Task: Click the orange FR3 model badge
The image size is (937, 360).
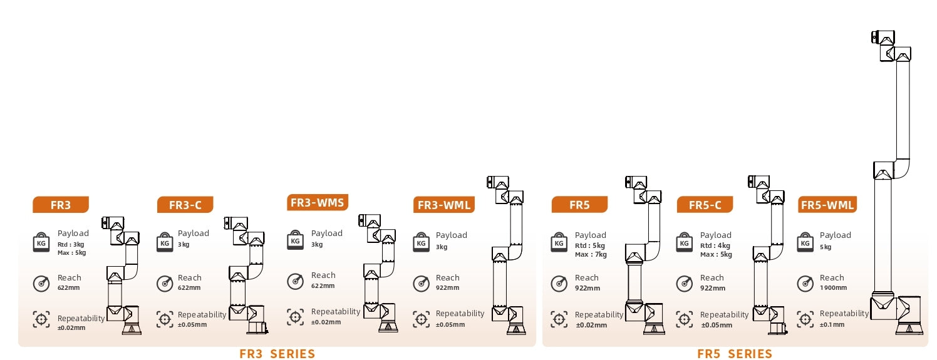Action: (x=61, y=205)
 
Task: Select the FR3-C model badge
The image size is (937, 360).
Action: (x=185, y=205)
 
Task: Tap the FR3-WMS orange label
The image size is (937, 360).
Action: (x=318, y=202)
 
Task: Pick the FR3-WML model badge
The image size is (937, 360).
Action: (x=444, y=205)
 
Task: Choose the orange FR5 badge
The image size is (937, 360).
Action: (x=579, y=205)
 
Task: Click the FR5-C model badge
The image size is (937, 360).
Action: (x=705, y=205)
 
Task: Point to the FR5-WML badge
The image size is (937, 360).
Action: (x=827, y=205)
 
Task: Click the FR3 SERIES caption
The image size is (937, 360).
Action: (x=277, y=354)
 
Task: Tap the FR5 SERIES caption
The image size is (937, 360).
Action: (x=735, y=354)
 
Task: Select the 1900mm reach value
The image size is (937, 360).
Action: (x=833, y=287)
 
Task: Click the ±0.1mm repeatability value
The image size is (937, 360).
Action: (x=832, y=324)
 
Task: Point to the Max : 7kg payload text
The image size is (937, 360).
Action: (x=591, y=254)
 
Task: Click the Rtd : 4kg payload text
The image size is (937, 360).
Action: (x=715, y=245)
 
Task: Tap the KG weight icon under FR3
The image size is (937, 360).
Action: (x=41, y=242)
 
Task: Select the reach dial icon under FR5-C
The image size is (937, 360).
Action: (x=685, y=284)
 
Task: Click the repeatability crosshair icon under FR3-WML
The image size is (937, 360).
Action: (x=422, y=319)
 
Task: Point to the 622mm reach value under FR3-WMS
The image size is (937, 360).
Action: (x=323, y=285)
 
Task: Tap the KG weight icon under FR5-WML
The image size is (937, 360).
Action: (x=805, y=242)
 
